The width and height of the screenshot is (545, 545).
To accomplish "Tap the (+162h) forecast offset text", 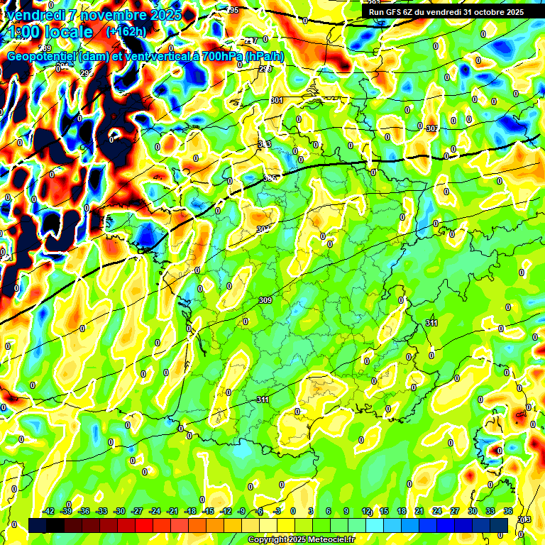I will click(x=126, y=31).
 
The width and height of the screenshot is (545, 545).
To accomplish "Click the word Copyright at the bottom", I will click(x=267, y=540).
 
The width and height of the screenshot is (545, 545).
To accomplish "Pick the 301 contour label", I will click(x=277, y=101).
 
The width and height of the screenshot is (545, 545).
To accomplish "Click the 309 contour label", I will click(x=265, y=301).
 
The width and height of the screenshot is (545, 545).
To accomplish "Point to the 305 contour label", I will click(x=270, y=178).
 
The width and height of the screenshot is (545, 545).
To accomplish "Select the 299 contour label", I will click(x=265, y=69).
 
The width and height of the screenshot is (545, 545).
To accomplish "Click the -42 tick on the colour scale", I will click(x=48, y=511).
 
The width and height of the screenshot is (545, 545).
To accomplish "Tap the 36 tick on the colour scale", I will click(x=508, y=511).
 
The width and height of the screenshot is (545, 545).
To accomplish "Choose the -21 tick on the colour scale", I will click(x=172, y=511).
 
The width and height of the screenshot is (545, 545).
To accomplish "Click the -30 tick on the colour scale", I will click(x=119, y=511).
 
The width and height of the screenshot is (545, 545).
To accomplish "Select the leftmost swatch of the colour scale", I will click(x=38, y=524).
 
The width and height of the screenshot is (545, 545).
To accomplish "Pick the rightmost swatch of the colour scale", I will click(x=499, y=524).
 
